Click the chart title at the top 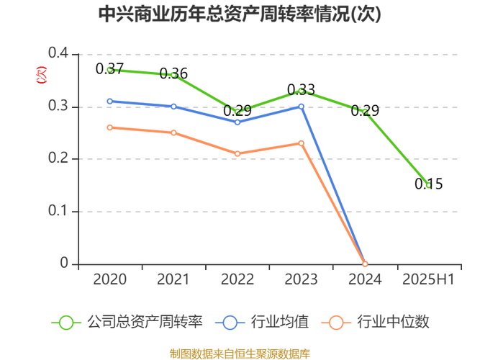coord(240,14)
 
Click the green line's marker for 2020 coord(109,69)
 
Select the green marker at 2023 coord(302,91)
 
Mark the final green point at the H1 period coord(428,186)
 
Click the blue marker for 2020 coord(109,101)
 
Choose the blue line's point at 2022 coord(237,122)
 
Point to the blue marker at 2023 coord(302,107)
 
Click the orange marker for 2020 coord(109,127)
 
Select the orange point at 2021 coord(173,132)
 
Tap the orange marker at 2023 coord(302,143)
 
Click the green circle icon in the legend coord(66,322)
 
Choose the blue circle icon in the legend coord(230,322)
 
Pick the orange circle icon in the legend coord(335,322)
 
